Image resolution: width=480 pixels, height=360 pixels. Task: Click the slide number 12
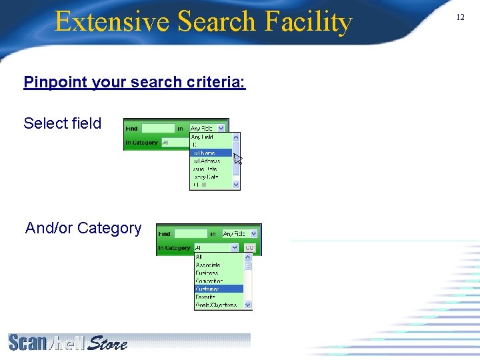[x=460, y=17]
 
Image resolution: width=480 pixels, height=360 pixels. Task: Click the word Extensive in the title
[x=111, y=22]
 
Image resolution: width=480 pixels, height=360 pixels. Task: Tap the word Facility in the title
[x=307, y=22]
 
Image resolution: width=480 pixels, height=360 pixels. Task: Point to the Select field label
[x=63, y=123]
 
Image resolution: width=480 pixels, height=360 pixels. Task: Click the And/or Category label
[x=83, y=228]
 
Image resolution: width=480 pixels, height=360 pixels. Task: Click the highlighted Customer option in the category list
[x=208, y=289]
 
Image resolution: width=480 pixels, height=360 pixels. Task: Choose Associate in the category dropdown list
[x=208, y=265]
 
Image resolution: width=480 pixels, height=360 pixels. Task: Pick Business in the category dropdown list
[x=207, y=273]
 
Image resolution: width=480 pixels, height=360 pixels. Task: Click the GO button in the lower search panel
[x=249, y=248]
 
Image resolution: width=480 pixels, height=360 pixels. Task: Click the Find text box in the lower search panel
[x=191, y=234]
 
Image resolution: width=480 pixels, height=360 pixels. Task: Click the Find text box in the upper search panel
[x=158, y=129]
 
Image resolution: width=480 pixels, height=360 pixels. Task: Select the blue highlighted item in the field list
[x=210, y=153]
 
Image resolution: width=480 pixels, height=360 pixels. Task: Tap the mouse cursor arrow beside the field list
[x=237, y=159]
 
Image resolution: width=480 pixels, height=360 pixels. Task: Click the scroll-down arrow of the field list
[x=236, y=185]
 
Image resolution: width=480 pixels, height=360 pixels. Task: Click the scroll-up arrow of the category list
[x=249, y=257]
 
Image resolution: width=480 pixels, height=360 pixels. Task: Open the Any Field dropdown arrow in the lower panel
[x=253, y=234]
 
